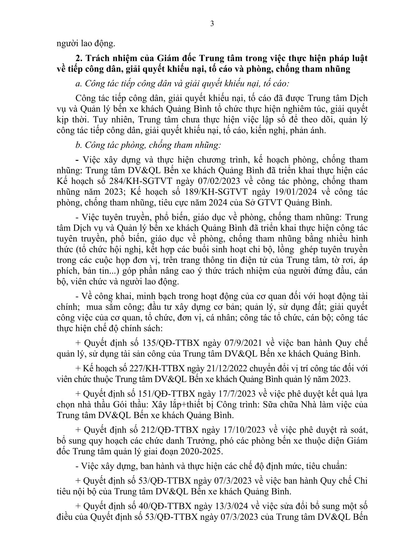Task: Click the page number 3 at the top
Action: click(212, 24)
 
